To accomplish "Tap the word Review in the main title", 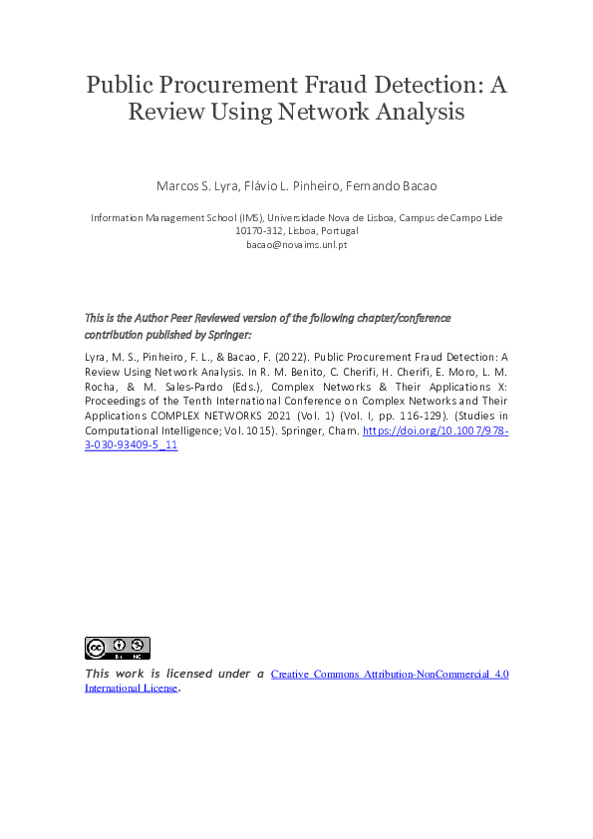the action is [x=162, y=112].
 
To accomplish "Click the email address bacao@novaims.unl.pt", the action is [x=296, y=244].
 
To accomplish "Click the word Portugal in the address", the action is [x=338, y=230].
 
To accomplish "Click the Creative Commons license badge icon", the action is [x=117, y=649].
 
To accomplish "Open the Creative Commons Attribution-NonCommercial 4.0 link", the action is [x=390, y=675].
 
